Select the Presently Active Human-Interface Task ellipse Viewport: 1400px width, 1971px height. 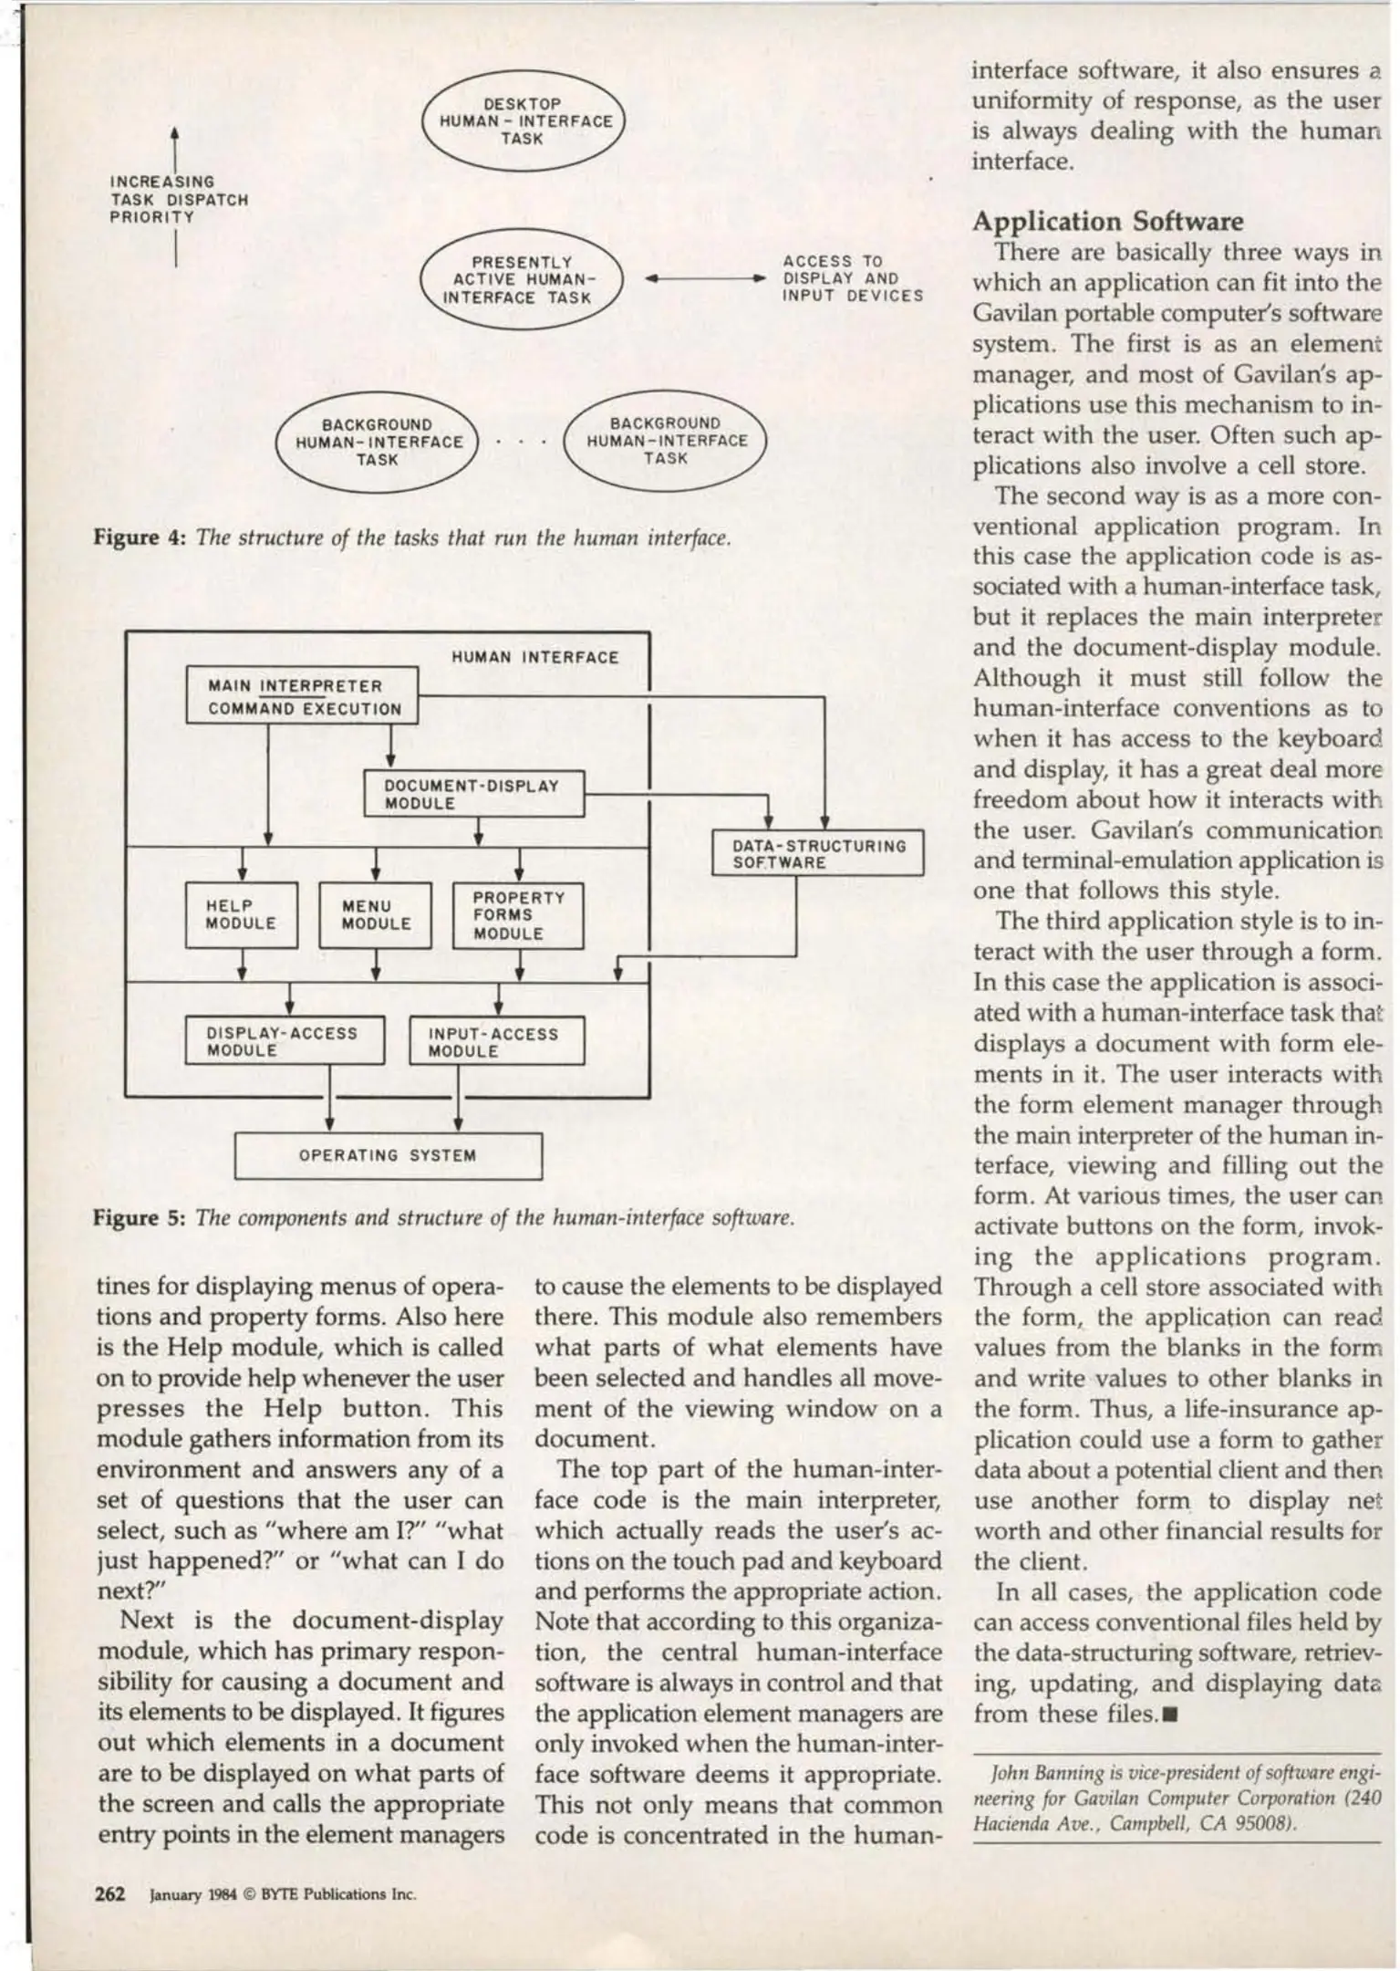(520, 279)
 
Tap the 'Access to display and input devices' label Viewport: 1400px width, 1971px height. (852, 278)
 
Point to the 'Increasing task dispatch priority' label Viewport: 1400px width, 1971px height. (179, 200)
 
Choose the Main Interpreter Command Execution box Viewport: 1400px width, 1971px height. (302, 696)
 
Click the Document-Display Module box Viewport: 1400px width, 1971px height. (472, 794)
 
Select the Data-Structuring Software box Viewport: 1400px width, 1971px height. (818, 854)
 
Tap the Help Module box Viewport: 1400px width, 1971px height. (241, 914)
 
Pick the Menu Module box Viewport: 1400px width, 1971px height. (375, 914)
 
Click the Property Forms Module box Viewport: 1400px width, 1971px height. (517, 915)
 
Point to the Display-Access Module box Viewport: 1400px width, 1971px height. (284, 1041)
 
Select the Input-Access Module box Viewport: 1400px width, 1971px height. (496, 1042)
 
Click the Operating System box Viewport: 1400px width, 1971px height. (388, 1155)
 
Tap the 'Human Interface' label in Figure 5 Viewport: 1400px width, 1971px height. (534, 657)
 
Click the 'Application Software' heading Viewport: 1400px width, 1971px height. (1107, 222)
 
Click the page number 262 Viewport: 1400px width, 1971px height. (110, 1893)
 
